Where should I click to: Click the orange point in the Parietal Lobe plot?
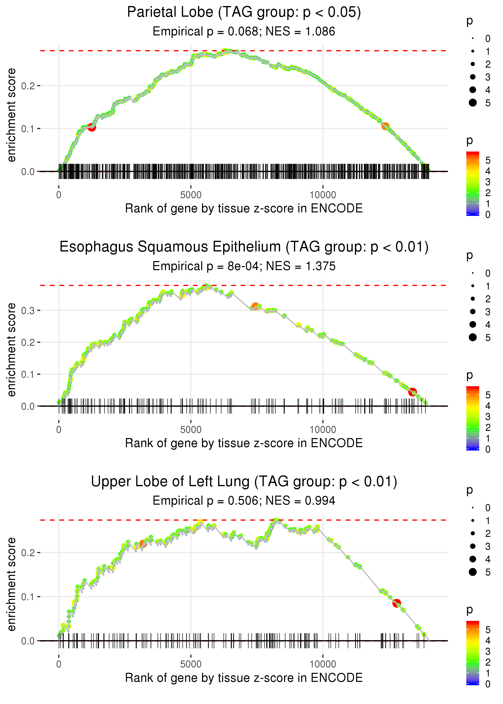click(x=385, y=126)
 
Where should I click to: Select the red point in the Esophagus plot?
click(x=412, y=392)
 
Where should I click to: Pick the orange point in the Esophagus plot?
click(x=255, y=307)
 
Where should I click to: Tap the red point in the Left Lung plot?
click(x=396, y=603)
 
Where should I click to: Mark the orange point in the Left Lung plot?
click(x=142, y=543)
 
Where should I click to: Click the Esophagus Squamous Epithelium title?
click(x=244, y=247)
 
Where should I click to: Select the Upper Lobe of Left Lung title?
click(x=244, y=482)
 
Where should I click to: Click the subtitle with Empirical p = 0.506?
click(x=244, y=501)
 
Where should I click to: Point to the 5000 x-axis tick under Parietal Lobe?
click(x=191, y=195)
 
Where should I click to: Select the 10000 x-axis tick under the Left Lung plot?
click(x=323, y=664)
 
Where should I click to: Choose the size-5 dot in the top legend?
click(x=473, y=102)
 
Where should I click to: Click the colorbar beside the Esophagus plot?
click(x=473, y=418)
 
